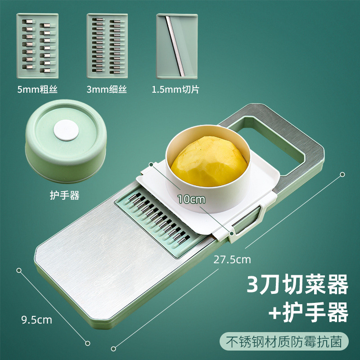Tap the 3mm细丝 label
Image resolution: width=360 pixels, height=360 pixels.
tap(107, 90)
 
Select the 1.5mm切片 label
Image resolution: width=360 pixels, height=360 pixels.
tap(175, 90)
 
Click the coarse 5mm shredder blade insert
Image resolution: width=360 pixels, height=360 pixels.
tap(37, 45)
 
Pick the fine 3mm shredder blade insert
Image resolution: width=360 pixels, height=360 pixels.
tap(107, 45)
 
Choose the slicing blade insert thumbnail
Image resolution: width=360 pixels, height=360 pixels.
tap(177, 45)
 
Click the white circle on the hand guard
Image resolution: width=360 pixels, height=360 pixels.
tap(66, 130)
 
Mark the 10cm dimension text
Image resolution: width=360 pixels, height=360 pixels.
tap(188, 198)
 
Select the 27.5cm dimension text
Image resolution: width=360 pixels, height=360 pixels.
tap(233, 260)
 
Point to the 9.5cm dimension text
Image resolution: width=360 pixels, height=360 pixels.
tap(37, 320)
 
